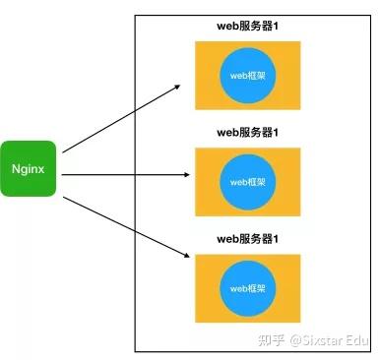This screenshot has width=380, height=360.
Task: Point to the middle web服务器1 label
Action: tap(248, 131)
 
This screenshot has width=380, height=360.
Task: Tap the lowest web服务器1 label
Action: tap(248, 238)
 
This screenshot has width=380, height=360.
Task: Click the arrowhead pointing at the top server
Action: tap(177, 85)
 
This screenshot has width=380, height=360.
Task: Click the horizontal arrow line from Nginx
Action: tap(123, 175)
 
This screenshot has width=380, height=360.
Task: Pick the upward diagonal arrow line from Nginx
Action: tap(118, 118)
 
